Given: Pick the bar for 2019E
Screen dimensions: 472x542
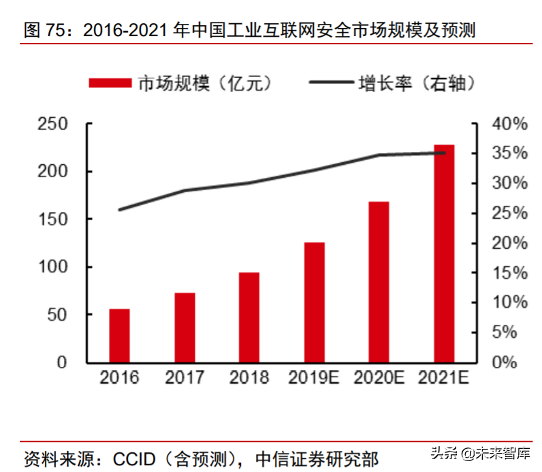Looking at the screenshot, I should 314,302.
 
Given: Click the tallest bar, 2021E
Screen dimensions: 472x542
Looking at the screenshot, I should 444,253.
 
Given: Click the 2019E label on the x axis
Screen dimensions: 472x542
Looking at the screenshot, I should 314,377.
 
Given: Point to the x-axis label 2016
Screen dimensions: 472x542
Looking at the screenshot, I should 119,377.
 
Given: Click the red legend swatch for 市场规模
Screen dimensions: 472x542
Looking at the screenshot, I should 110,83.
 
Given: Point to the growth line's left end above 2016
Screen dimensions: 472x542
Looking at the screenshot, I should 120,210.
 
